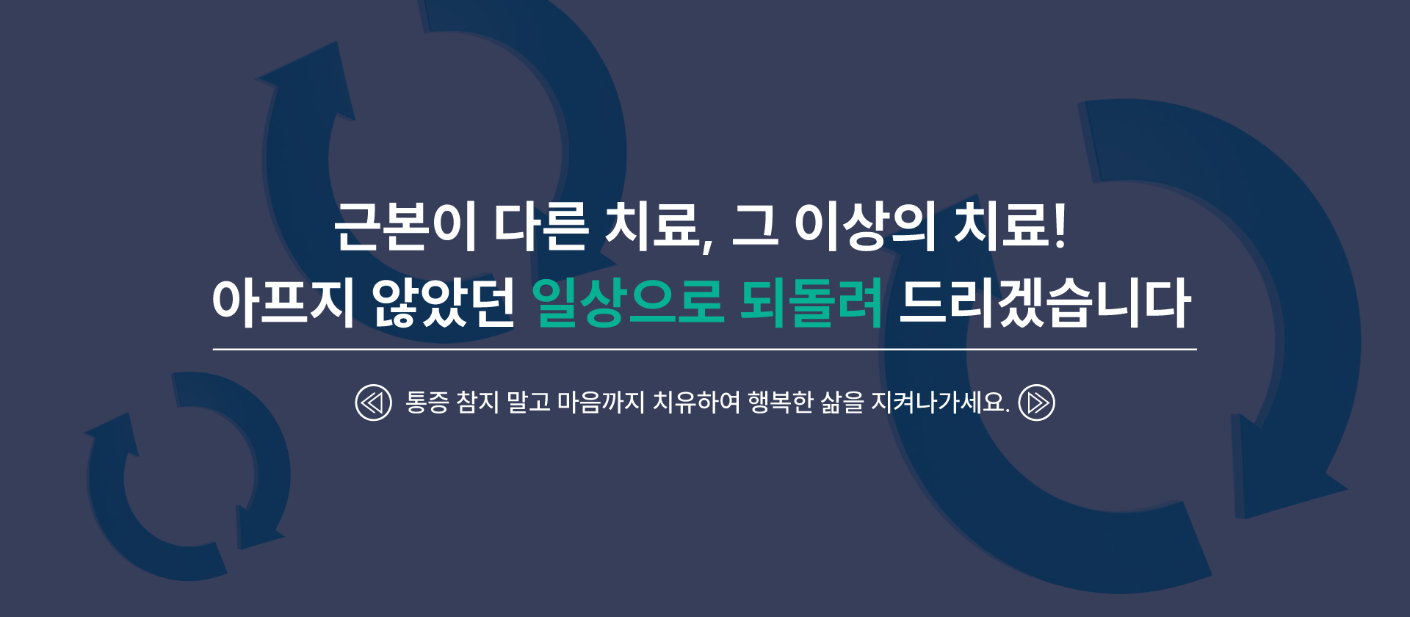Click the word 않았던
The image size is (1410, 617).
(x=443, y=302)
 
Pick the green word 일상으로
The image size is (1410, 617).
(x=628, y=302)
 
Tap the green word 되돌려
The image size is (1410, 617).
(x=811, y=302)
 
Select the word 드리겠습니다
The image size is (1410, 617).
(x=1045, y=302)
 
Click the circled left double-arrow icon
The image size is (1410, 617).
(x=374, y=403)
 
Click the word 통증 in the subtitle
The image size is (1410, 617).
(x=427, y=403)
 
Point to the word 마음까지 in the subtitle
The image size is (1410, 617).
(x=601, y=403)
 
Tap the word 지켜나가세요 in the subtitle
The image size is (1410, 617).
(x=938, y=403)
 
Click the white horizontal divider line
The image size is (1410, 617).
(x=705, y=350)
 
